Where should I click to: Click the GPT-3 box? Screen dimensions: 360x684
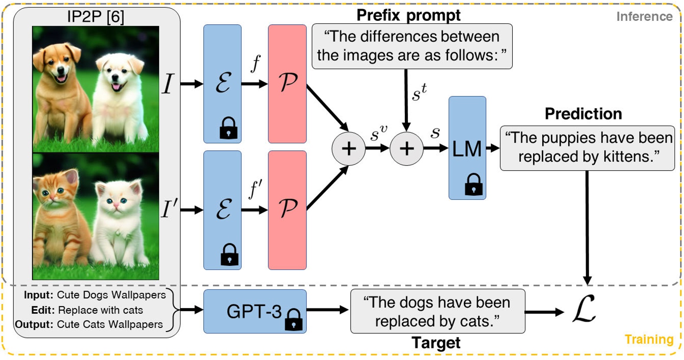(x=254, y=311)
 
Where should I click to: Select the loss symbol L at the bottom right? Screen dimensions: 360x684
(x=584, y=309)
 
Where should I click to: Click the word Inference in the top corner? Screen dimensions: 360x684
(x=644, y=16)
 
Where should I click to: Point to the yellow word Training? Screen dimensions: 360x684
(x=648, y=339)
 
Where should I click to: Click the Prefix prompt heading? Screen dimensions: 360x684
(x=408, y=15)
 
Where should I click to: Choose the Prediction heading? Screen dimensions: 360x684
(x=583, y=114)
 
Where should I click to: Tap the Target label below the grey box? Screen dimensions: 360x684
(x=436, y=343)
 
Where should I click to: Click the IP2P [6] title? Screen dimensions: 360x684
(x=95, y=16)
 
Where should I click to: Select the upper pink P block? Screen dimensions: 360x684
(x=287, y=83)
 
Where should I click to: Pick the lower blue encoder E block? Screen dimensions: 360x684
(x=222, y=210)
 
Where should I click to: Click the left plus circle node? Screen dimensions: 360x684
(x=349, y=149)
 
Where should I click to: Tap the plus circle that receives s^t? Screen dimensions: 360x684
(x=406, y=149)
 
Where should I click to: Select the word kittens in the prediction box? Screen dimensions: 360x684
(x=629, y=156)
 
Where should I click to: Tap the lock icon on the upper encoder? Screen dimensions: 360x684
(x=228, y=128)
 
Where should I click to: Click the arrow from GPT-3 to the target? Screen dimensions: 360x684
(x=328, y=310)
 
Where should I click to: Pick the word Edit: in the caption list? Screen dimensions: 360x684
(x=43, y=310)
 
